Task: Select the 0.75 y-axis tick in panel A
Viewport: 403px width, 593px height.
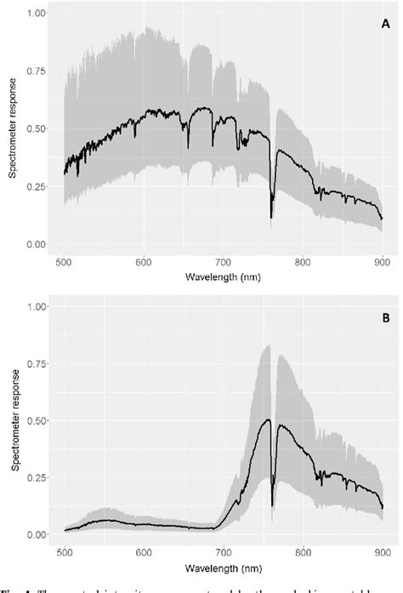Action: [37, 71]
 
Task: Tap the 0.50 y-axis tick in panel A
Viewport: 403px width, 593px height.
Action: [37, 129]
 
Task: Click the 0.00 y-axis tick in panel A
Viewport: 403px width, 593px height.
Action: [37, 245]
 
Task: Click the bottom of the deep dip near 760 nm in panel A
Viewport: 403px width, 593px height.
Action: [271, 218]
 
